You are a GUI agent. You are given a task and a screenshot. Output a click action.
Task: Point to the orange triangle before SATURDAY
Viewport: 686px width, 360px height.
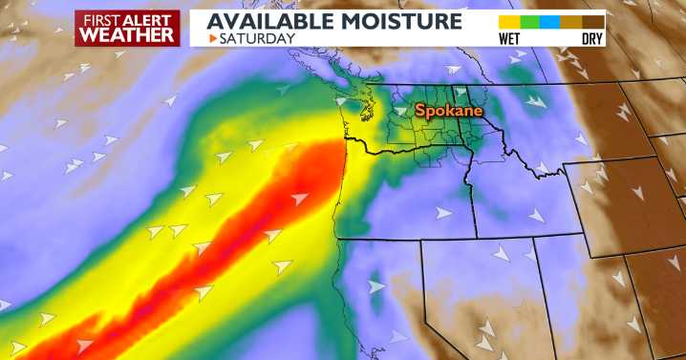[x=213, y=39]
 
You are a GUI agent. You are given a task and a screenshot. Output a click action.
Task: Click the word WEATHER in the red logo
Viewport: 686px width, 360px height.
[x=127, y=34]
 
